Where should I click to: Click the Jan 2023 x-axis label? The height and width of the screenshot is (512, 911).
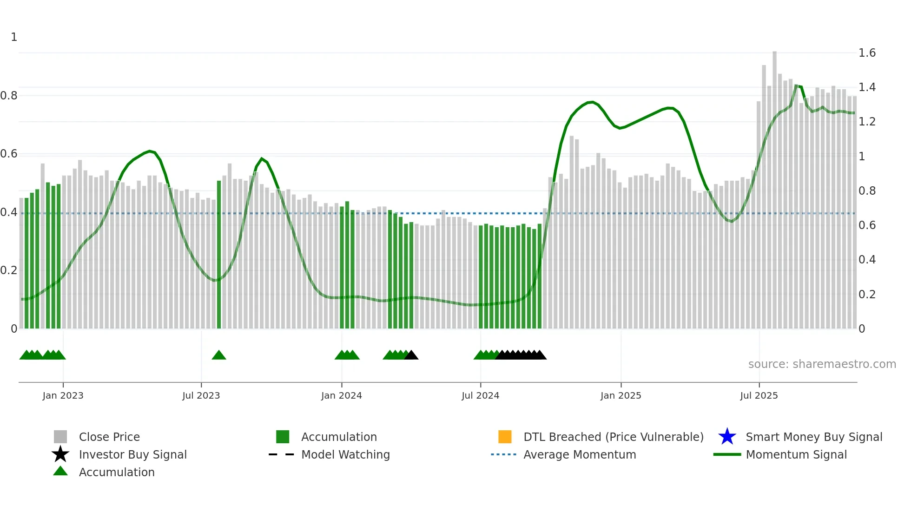point(63,395)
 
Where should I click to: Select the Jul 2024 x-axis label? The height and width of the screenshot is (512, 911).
point(480,395)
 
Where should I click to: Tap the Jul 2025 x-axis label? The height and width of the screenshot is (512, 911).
point(759,395)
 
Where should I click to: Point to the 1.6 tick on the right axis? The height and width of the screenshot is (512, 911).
point(867,53)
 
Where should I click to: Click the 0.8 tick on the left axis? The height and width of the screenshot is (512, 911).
point(9,96)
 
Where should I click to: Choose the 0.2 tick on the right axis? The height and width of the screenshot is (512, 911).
point(867,295)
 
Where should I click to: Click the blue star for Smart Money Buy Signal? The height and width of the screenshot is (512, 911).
point(727,437)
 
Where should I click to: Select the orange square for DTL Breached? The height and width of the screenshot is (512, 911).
point(505,437)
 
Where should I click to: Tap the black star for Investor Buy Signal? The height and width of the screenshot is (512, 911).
point(60,454)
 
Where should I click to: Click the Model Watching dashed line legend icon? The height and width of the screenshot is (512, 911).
point(281,454)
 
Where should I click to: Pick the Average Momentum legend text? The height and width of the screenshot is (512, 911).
point(580,454)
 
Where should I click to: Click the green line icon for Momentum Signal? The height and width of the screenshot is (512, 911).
point(727,454)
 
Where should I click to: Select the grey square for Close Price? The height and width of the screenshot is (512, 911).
point(60,437)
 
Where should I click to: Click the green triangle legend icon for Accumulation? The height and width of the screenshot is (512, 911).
point(60,471)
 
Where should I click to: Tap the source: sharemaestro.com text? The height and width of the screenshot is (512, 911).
point(822,364)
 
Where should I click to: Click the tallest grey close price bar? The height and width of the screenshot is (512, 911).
point(774,186)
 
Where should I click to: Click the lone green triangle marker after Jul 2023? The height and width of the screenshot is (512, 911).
point(219,355)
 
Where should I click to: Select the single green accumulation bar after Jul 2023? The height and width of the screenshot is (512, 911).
point(219,256)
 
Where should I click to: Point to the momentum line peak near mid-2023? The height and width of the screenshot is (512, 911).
point(149,151)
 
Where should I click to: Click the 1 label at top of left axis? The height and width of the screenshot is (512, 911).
point(14,37)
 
